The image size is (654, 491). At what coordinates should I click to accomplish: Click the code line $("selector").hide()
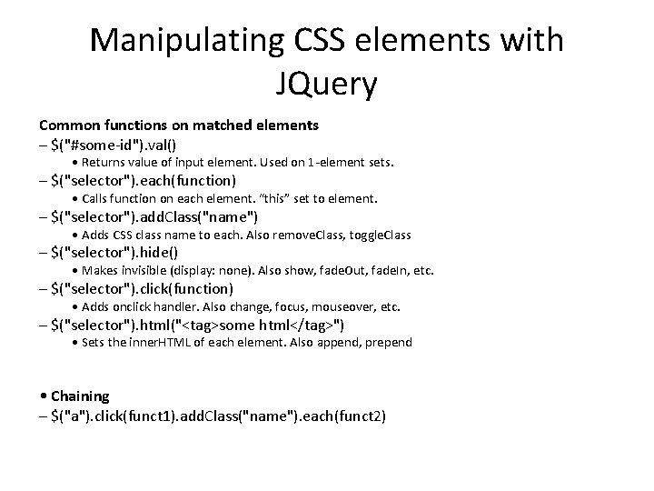(114, 252)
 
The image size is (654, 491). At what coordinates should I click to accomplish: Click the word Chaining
(80, 396)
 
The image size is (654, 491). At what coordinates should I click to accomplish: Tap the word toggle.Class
(378, 235)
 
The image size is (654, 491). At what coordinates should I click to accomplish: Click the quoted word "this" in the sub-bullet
(272, 198)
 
